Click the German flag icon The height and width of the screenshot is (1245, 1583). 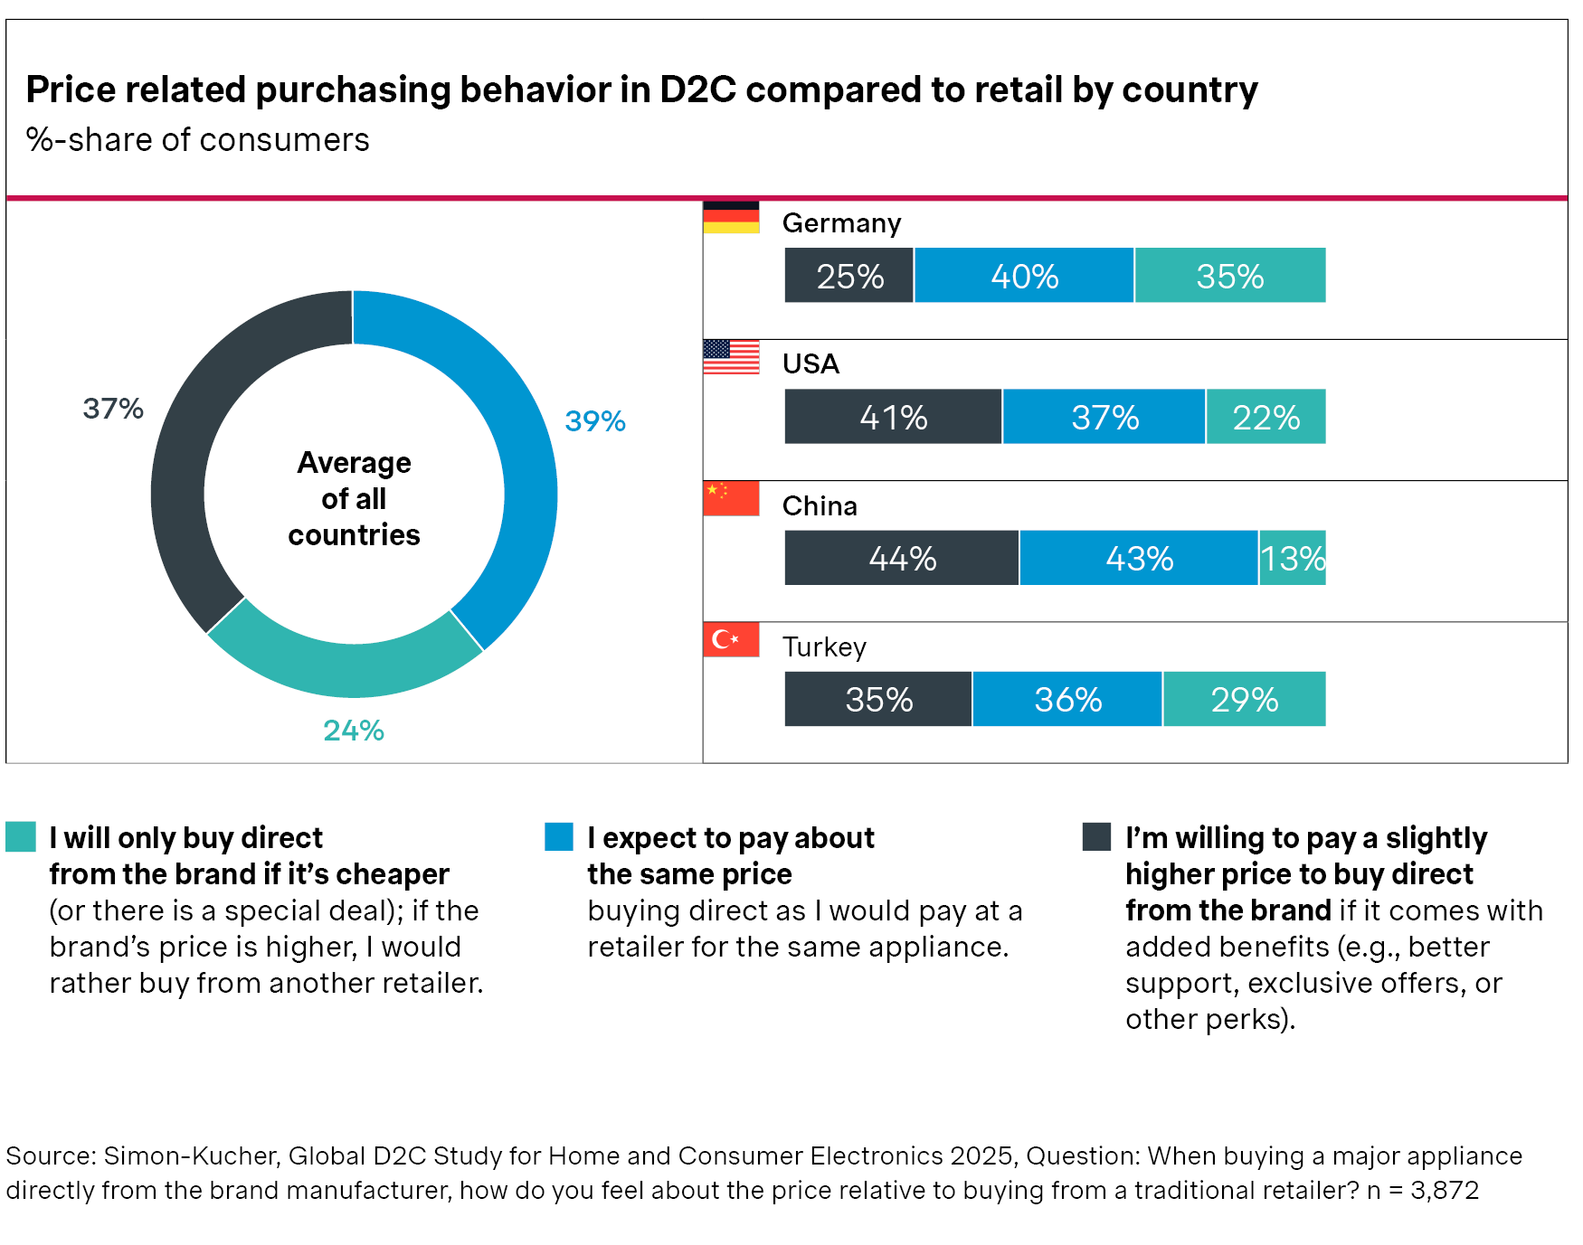[x=731, y=217]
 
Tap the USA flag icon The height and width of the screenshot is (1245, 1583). [x=731, y=357]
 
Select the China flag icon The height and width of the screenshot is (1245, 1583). [x=731, y=498]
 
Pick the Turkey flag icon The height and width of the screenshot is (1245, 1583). [x=731, y=639]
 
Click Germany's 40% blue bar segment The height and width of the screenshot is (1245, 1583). [x=1024, y=276]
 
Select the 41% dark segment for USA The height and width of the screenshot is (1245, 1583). [x=893, y=417]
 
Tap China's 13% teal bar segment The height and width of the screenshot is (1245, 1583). [x=1292, y=558]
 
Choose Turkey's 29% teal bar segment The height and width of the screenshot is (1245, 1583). [x=1244, y=699]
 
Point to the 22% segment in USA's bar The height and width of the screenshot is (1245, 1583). [x=1265, y=417]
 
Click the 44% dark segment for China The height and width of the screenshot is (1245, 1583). [x=901, y=558]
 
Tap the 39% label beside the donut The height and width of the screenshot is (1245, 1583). [x=594, y=421]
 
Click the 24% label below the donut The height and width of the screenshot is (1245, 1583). [x=354, y=731]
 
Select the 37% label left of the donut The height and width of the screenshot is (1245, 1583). [x=113, y=409]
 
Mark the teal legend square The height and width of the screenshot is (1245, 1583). [x=21, y=836]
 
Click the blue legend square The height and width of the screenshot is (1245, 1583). [x=559, y=836]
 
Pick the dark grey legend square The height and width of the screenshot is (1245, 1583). [x=1096, y=836]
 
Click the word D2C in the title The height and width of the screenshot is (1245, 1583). [x=697, y=90]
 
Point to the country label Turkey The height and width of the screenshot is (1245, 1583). [x=824, y=647]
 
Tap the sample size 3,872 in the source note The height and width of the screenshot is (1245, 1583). [x=1444, y=1190]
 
